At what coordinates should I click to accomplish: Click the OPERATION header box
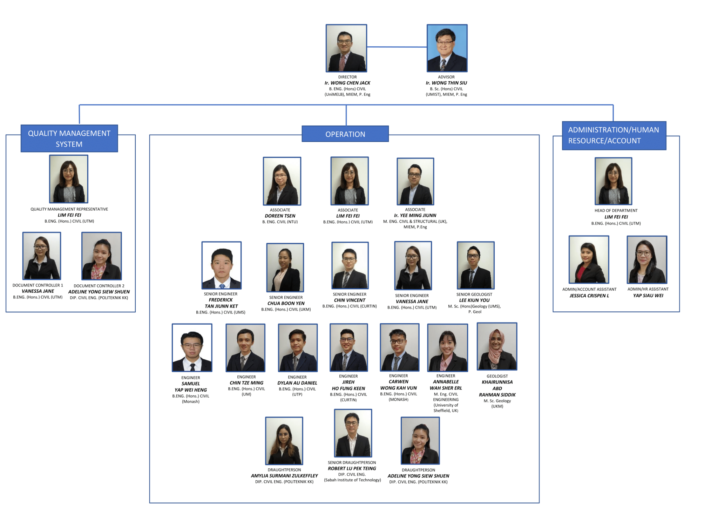tap(345, 134)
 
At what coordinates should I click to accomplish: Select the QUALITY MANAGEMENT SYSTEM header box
tap(69, 138)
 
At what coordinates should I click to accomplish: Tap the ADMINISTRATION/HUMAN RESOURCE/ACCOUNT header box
tap(614, 135)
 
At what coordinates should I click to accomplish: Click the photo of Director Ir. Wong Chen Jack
tap(346, 48)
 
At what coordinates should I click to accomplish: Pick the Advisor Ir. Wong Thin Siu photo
tap(447, 48)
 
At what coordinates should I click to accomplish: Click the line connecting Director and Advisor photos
tap(397, 47)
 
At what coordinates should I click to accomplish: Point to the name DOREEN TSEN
tap(280, 216)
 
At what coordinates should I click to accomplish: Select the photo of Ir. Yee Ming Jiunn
tap(415, 181)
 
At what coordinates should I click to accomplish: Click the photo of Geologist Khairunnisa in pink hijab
tap(497, 346)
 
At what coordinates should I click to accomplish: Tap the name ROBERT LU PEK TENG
tap(352, 468)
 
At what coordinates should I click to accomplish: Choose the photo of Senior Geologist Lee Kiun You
tap(475, 265)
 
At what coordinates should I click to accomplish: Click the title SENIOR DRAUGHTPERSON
tap(352, 462)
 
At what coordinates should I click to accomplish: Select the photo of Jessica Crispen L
tap(589, 259)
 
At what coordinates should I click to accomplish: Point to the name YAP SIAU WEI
tap(648, 296)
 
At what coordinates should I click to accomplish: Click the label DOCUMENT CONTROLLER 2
tap(99, 286)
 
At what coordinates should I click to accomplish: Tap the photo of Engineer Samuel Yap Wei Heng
tap(192, 347)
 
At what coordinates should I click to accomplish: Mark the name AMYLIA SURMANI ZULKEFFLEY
tap(284, 476)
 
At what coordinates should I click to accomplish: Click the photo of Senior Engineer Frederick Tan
tap(221, 265)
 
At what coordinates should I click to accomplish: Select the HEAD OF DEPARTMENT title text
tap(616, 211)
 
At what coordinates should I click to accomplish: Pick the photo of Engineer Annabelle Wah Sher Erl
tap(447, 347)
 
